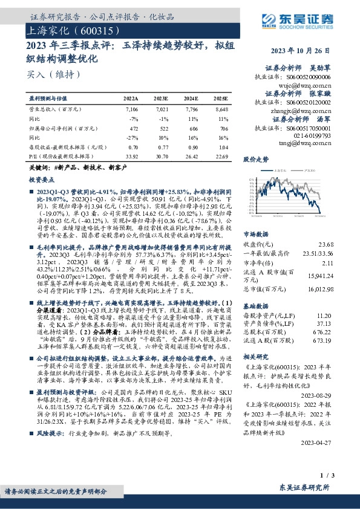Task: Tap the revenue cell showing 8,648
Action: [221, 109]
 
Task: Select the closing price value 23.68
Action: [342, 244]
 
